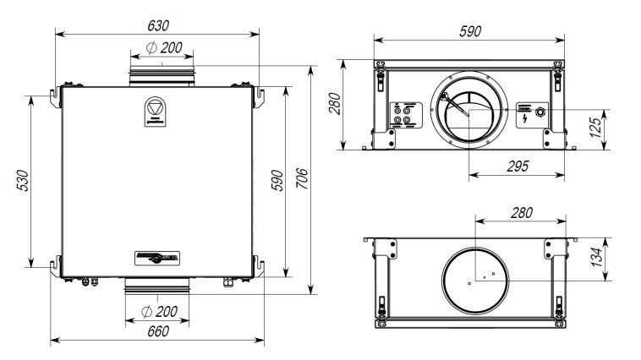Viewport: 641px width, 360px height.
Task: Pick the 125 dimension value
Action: [596, 128]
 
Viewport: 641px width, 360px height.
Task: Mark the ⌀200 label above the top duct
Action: [163, 48]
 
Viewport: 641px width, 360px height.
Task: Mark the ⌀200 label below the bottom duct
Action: [161, 311]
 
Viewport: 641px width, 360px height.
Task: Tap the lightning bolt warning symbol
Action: [526, 117]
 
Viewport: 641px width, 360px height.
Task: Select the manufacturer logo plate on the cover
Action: [157, 257]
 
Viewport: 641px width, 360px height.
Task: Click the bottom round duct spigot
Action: [162, 285]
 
